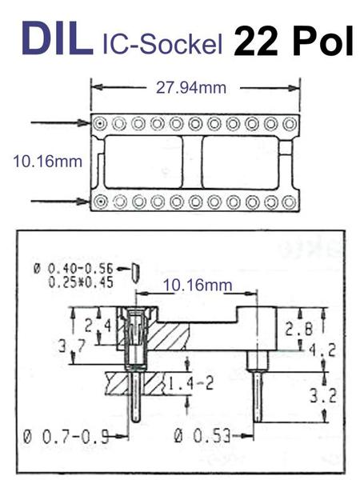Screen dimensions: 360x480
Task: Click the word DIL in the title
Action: pos(58,39)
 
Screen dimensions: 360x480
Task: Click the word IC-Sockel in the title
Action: pos(162,45)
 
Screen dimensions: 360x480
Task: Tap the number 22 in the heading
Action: pos(256,41)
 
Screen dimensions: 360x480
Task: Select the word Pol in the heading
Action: pos(323,41)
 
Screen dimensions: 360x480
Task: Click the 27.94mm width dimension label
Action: pos(191,88)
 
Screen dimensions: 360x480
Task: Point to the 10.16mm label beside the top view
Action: pos(48,162)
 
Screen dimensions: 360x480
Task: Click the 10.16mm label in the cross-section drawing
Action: pos(198,286)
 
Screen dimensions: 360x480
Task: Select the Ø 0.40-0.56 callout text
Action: pos(73,269)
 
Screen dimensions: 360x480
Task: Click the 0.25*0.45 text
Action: pos(81,282)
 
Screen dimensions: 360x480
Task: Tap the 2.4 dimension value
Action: pos(98,326)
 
